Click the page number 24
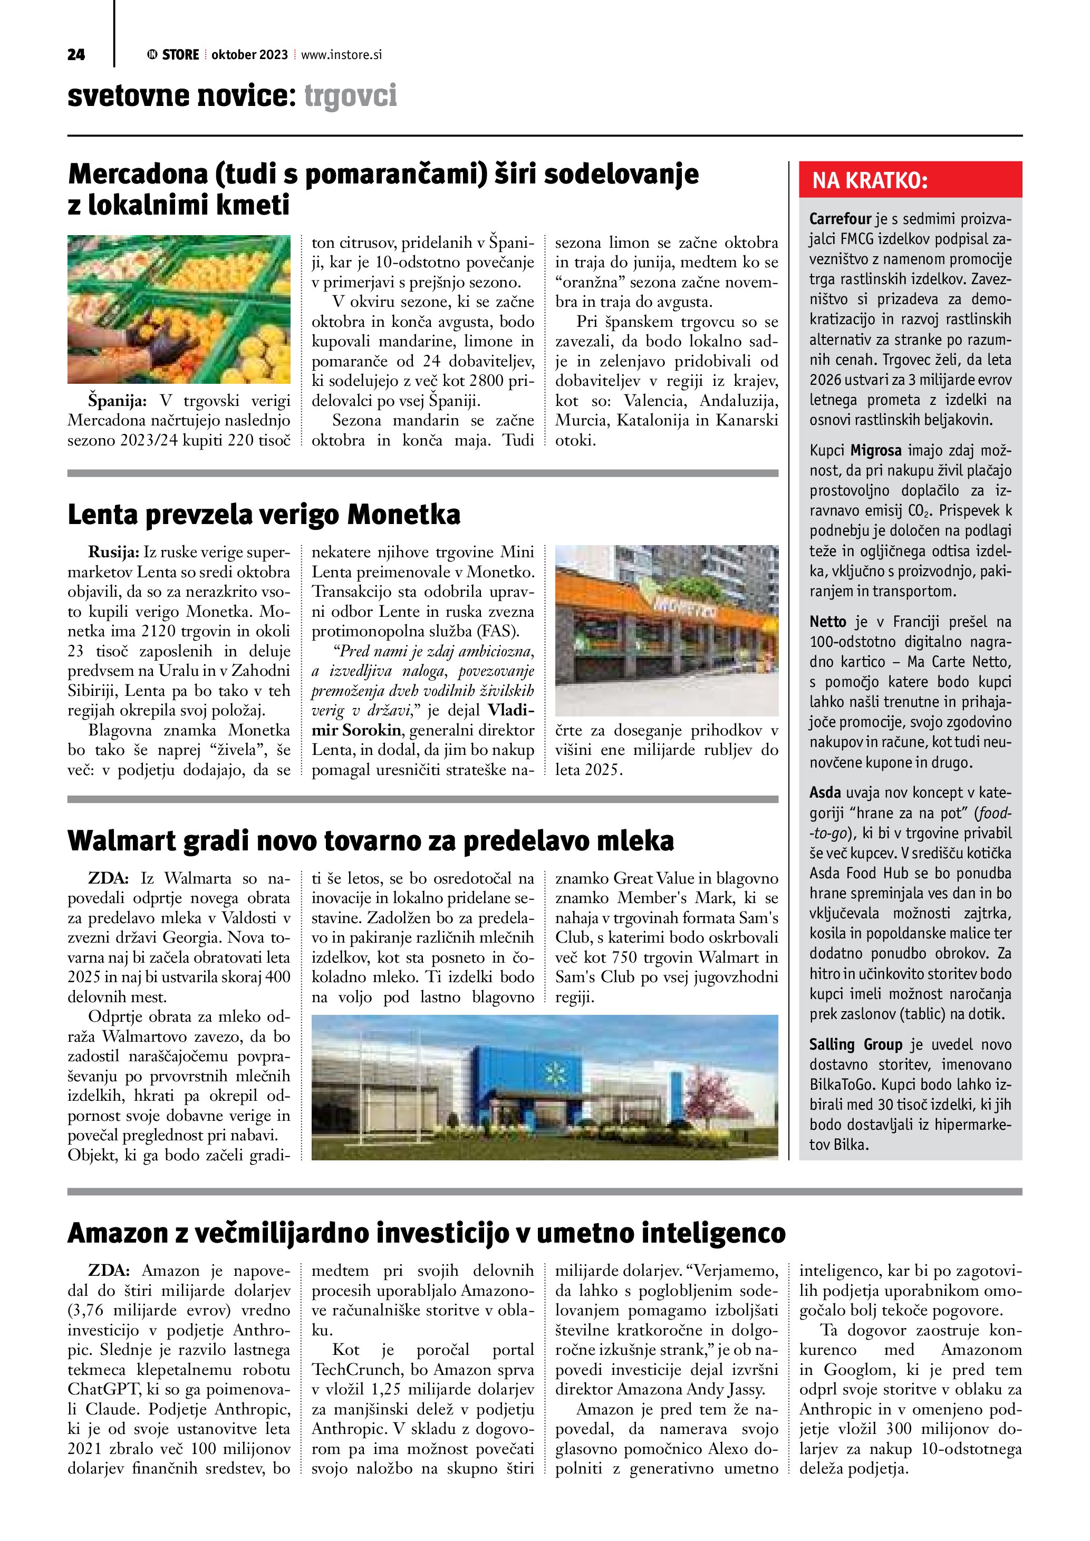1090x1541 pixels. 76,55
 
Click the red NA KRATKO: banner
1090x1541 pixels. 910,180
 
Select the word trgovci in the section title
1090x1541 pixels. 350,96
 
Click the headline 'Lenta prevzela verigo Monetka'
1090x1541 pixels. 264,515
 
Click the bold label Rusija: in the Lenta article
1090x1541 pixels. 113,553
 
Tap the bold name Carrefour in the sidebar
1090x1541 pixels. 840,219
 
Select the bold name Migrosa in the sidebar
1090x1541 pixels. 876,450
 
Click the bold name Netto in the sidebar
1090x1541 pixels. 827,622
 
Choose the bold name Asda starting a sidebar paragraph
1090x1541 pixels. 824,793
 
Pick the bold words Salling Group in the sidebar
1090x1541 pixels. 855,1044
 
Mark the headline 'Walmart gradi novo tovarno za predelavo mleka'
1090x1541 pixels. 371,840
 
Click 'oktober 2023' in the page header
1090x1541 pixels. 249,55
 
